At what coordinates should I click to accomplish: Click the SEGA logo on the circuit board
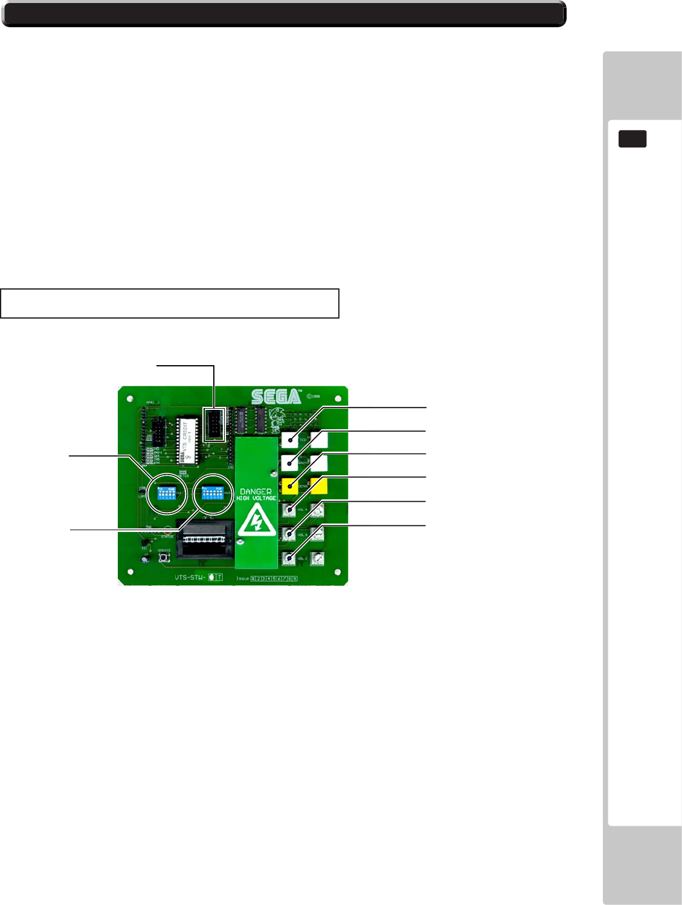(x=276, y=397)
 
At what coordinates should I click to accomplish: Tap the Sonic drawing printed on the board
(x=277, y=418)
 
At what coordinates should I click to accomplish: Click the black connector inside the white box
(x=214, y=424)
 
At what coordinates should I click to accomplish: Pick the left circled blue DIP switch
(x=165, y=493)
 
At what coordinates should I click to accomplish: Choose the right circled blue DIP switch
(x=212, y=493)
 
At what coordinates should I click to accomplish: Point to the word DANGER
(x=256, y=491)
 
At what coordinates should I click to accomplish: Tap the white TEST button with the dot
(x=290, y=440)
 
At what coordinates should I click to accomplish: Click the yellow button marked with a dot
(x=290, y=486)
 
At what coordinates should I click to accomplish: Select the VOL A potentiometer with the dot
(x=289, y=510)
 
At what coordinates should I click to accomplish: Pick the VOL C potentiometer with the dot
(x=289, y=558)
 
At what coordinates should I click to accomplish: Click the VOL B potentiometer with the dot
(x=289, y=534)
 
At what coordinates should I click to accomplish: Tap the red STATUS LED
(x=167, y=531)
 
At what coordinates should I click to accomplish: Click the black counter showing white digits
(x=205, y=539)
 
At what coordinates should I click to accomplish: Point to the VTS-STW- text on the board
(x=190, y=577)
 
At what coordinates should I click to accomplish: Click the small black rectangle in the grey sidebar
(x=632, y=139)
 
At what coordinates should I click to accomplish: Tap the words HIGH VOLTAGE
(x=256, y=498)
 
